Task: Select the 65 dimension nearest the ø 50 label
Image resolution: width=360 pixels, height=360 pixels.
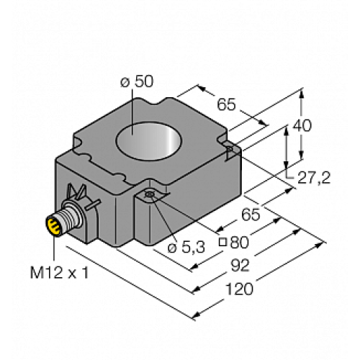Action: [x=226, y=104]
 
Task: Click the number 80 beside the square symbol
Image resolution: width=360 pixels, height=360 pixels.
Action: [x=249, y=240]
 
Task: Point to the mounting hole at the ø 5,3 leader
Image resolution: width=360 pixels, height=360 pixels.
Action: [x=149, y=195]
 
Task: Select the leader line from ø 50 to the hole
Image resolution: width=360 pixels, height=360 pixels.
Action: [x=131, y=106]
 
